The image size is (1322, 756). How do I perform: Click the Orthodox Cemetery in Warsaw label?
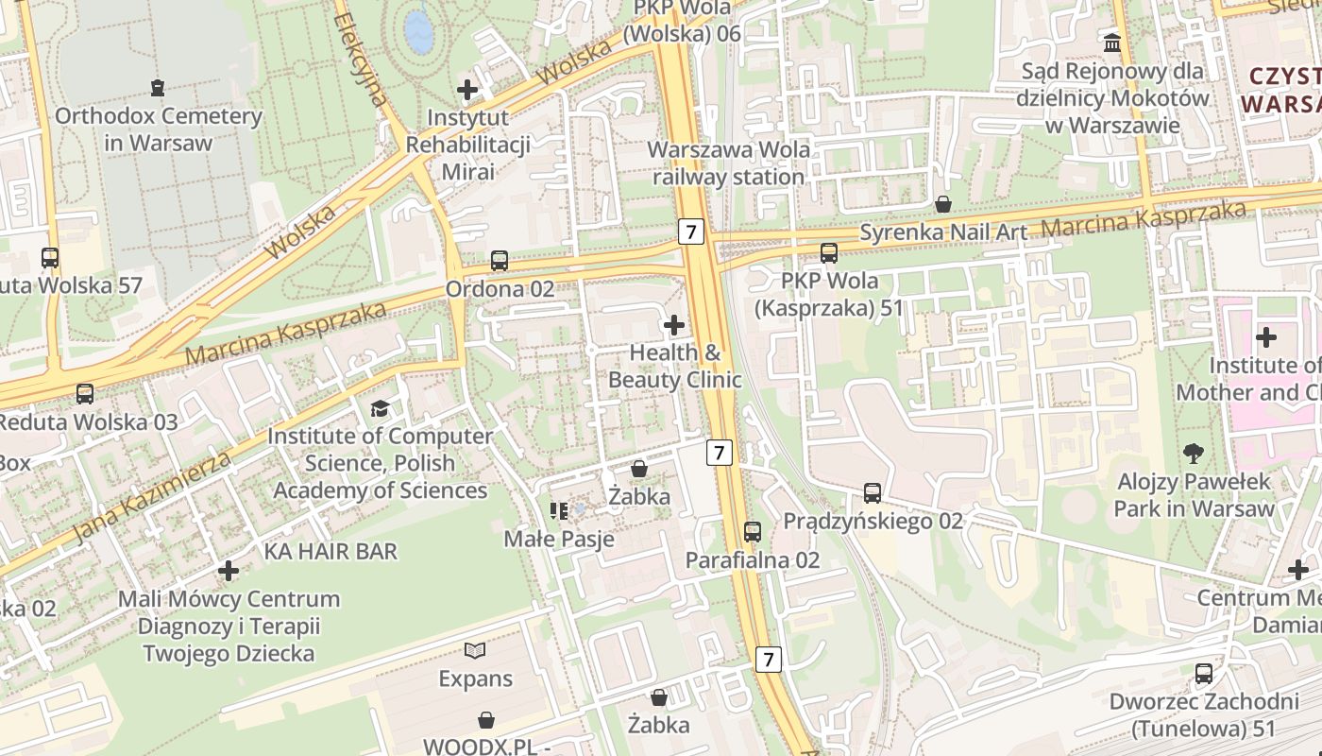159,129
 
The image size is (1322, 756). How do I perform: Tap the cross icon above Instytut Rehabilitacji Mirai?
467,90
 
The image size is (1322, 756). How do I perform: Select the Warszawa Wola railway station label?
728,163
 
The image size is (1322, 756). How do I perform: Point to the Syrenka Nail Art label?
943,231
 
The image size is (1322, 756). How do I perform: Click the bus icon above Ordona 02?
500,261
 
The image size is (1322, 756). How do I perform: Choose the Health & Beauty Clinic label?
674,366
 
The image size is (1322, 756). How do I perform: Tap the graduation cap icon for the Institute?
380,408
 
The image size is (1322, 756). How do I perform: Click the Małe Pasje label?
559,540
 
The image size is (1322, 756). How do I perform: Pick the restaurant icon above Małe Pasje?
559,511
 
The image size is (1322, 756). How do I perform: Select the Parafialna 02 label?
753,559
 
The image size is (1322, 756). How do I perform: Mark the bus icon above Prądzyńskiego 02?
873,493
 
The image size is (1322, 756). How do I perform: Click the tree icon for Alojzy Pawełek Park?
1194,454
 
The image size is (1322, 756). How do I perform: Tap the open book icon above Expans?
475,650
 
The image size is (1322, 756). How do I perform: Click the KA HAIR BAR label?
330,551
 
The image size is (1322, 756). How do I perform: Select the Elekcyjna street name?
361,59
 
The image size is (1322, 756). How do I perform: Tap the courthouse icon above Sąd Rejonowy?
1112,43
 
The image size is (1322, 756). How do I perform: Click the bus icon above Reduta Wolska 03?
85,394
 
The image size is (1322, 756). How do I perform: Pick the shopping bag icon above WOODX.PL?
486,720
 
